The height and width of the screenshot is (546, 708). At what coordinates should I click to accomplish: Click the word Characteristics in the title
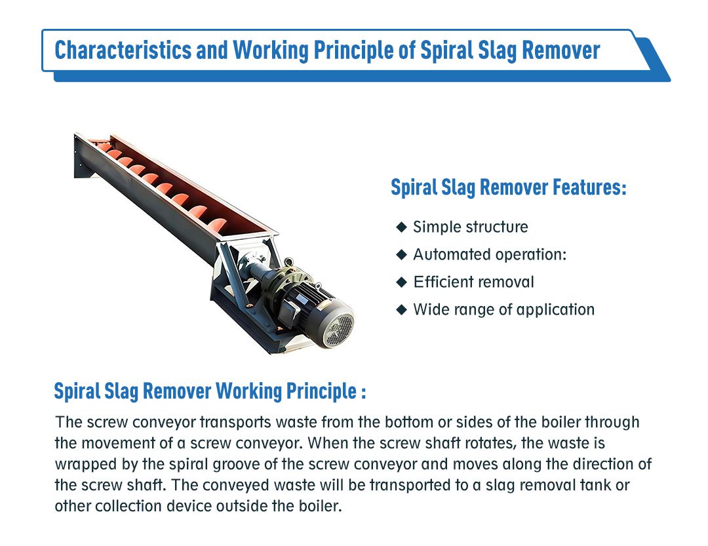pyautogui.click(x=123, y=50)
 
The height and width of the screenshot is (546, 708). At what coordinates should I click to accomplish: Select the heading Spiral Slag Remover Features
pyautogui.click(x=509, y=187)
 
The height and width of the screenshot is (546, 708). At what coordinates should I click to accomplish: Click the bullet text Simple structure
pyautogui.click(x=471, y=227)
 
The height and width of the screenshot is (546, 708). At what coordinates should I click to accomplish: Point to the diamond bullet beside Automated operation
pyautogui.click(x=401, y=255)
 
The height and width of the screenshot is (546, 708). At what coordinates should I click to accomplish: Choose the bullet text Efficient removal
pyautogui.click(x=474, y=282)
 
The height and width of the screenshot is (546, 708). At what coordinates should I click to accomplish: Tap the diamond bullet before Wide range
pyautogui.click(x=401, y=310)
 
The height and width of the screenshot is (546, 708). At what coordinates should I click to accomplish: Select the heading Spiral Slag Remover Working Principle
pyautogui.click(x=210, y=391)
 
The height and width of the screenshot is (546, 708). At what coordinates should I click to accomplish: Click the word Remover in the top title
pyautogui.click(x=561, y=50)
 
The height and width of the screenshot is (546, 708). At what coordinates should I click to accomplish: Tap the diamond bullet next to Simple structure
pyautogui.click(x=401, y=227)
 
